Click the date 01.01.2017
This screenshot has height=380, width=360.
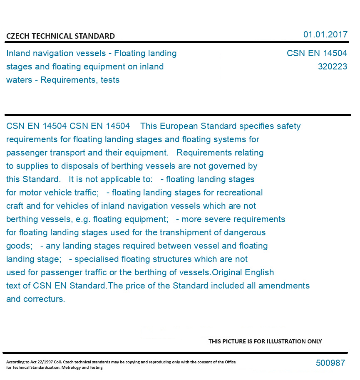click(325, 35)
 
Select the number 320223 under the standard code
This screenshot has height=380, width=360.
click(332, 67)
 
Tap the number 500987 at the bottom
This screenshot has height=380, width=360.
click(330, 363)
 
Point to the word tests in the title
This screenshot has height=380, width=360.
click(110, 80)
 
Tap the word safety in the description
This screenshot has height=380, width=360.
click(288, 126)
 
